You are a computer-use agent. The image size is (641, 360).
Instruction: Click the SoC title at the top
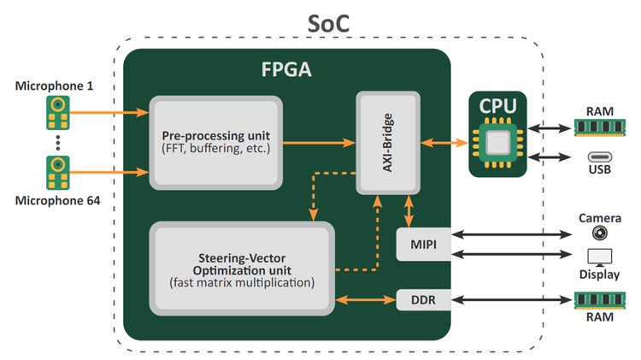[328, 24]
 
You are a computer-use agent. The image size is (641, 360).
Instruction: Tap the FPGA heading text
[286, 69]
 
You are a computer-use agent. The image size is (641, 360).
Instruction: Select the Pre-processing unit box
[216, 143]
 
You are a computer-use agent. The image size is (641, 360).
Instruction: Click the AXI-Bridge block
[388, 143]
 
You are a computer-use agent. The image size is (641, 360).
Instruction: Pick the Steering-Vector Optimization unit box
[242, 269]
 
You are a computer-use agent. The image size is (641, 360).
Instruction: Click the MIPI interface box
[424, 245]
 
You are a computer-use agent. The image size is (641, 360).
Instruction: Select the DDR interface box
[424, 300]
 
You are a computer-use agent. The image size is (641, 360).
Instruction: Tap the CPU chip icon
[498, 143]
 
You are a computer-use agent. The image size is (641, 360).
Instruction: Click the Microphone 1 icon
[57, 113]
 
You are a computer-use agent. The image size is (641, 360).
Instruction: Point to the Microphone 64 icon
[57, 173]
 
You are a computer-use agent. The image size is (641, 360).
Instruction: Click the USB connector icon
[600, 156]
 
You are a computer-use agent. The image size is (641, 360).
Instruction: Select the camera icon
[600, 233]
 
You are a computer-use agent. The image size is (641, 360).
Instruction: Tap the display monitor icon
[600, 257]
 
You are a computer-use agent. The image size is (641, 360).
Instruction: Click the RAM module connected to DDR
[600, 300]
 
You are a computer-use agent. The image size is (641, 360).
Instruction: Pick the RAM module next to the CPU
[600, 127]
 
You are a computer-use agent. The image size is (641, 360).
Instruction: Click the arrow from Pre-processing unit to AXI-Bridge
[319, 143]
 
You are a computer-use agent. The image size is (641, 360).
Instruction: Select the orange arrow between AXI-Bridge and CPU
[444, 143]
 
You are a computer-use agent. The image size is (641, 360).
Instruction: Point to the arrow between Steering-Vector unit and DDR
[366, 300]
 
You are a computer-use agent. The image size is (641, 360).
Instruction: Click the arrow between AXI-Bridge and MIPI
[409, 211]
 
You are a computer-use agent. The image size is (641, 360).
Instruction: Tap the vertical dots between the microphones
[57, 143]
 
